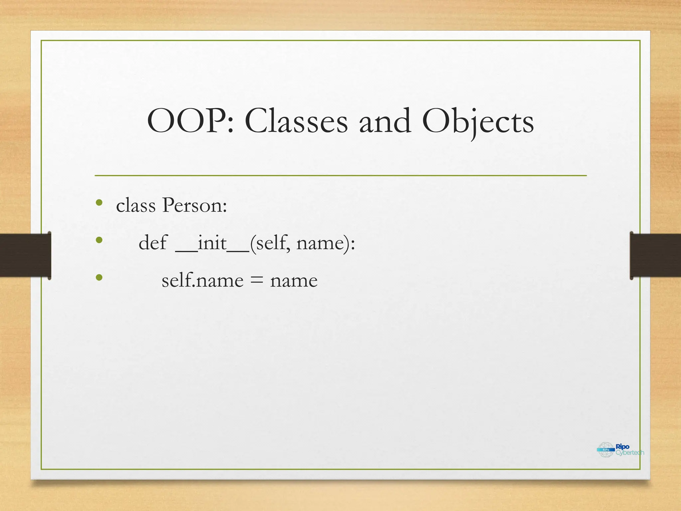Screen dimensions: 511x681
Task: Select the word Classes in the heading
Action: click(x=296, y=121)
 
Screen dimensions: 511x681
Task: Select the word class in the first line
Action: click(x=136, y=205)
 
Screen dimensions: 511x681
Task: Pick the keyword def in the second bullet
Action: click(x=153, y=243)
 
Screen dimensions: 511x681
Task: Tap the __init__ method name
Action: click(x=212, y=243)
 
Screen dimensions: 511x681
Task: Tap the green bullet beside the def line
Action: click(x=99, y=240)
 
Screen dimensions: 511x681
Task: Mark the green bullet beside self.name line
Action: click(x=99, y=277)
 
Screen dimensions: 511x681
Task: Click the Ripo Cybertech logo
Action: click(x=620, y=450)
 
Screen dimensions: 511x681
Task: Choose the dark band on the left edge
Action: click(x=25, y=255)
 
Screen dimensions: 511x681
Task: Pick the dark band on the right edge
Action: click(x=655, y=255)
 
